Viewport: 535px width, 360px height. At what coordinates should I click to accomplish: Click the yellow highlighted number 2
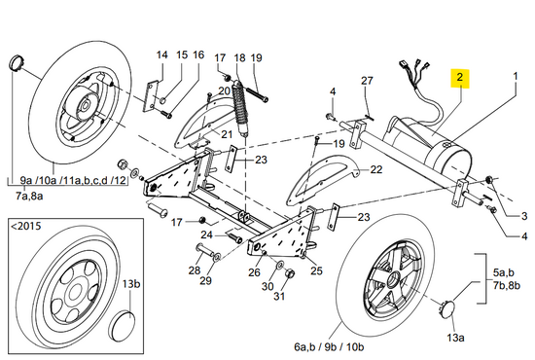(x=459, y=78)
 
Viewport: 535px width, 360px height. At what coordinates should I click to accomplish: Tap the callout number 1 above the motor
(x=516, y=76)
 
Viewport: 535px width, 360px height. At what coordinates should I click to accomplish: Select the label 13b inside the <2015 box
(x=131, y=284)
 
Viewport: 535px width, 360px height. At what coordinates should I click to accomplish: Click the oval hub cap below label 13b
(x=123, y=326)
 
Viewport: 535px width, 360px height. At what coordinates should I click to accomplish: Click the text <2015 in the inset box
(x=26, y=226)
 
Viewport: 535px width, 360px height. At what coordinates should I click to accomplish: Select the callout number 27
(x=367, y=81)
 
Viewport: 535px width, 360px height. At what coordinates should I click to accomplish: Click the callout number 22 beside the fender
(x=376, y=169)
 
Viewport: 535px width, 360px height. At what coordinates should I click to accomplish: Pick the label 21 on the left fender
(x=227, y=134)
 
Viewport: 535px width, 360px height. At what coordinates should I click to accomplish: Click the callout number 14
(x=161, y=54)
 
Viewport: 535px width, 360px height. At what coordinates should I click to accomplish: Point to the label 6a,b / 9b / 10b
(x=329, y=347)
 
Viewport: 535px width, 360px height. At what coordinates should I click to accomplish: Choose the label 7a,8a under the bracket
(x=29, y=197)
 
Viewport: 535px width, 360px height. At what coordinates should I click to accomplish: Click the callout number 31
(x=279, y=296)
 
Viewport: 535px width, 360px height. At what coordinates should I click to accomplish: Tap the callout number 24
(x=207, y=234)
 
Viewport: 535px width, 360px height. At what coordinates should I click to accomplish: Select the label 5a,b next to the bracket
(x=503, y=272)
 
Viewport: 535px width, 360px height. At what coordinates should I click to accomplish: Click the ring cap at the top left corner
(x=17, y=62)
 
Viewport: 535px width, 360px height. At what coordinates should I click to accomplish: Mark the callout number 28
(x=195, y=270)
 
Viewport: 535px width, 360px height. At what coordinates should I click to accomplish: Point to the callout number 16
(x=198, y=54)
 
